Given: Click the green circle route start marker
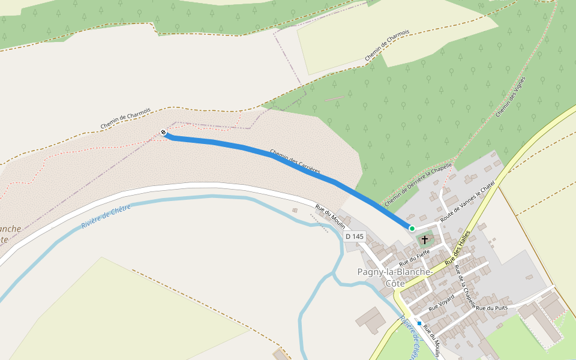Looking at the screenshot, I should pyautogui.click(x=412, y=228).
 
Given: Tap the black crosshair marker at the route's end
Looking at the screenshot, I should pyautogui.click(x=163, y=132).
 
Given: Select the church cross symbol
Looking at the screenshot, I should pyautogui.click(x=425, y=239).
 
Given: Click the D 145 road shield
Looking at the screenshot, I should pyautogui.click(x=355, y=236).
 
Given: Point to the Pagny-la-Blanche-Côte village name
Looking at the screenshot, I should pyautogui.click(x=394, y=277).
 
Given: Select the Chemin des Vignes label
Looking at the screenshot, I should pyautogui.click(x=511, y=96).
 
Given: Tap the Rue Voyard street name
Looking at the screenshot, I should pyautogui.click(x=442, y=303).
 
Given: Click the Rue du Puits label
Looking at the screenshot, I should pyautogui.click(x=491, y=308).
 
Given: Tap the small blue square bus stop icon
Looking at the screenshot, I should pyautogui.click(x=419, y=323).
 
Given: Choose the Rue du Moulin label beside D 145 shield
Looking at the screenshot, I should pyautogui.click(x=331, y=217).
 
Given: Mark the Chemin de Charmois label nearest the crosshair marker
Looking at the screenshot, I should pyautogui.click(x=125, y=118).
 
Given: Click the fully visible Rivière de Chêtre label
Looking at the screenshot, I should pyautogui.click(x=106, y=218).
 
